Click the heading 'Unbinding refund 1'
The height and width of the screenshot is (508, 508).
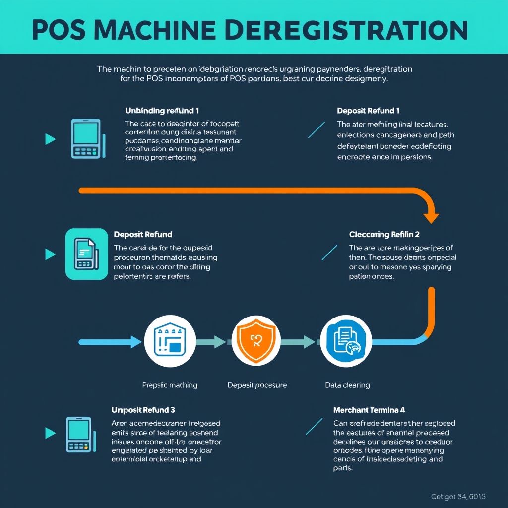[x=162, y=111]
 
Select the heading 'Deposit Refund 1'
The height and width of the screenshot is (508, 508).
[x=368, y=111]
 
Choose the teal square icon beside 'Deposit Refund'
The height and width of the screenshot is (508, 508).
[x=86, y=254]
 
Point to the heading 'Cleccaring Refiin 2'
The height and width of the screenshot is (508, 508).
[x=384, y=234]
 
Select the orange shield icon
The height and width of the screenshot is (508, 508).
[x=256, y=341]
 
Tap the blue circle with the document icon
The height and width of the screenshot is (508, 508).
[x=346, y=341]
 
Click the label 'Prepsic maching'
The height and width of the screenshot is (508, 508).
[x=170, y=385]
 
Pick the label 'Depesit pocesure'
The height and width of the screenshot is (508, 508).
[x=257, y=385]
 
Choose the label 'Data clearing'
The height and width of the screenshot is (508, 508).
[x=347, y=385]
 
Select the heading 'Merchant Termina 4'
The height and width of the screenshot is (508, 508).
[x=370, y=410]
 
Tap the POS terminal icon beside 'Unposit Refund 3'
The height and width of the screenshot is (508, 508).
[x=79, y=434]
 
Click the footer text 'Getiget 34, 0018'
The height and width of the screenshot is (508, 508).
[x=458, y=496]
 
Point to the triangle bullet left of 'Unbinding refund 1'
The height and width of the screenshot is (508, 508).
[x=50, y=139]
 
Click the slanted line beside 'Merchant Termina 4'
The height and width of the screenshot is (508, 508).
[x=314, y=426]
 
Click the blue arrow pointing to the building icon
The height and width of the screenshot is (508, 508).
[x=112, y=341]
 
